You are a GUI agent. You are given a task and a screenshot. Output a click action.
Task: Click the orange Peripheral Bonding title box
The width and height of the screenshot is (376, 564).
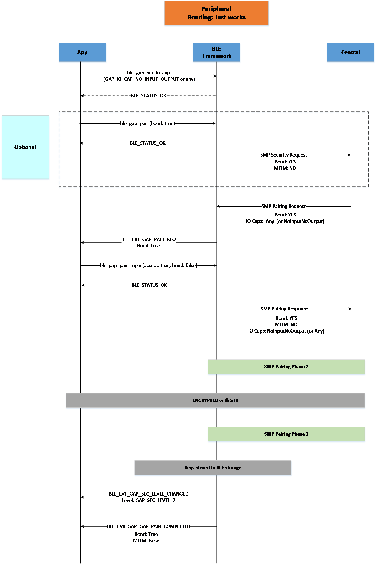216,13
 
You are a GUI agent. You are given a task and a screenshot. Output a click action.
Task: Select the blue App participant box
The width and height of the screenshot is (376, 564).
83,52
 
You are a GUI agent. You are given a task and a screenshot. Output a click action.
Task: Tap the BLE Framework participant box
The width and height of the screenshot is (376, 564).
217,52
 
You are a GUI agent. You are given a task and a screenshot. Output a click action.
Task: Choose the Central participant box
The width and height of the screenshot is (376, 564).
351,52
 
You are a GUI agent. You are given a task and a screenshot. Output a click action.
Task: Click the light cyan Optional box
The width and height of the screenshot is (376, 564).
25,147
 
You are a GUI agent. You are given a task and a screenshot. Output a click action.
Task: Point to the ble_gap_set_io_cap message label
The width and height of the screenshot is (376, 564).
149,73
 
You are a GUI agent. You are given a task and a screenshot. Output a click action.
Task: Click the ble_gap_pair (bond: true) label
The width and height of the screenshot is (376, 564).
148,123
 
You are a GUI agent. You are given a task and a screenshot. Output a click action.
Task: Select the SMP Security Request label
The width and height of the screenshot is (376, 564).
284,155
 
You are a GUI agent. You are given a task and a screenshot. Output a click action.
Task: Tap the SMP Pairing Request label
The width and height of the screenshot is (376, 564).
284,206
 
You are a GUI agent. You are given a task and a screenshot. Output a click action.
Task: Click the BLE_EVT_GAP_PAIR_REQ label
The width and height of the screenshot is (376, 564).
149,239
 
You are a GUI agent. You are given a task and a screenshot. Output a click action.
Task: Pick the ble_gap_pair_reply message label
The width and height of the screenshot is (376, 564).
149,265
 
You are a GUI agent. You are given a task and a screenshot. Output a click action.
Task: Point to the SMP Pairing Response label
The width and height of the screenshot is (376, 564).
285,309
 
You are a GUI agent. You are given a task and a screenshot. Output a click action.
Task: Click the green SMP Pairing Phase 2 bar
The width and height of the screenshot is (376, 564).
286,367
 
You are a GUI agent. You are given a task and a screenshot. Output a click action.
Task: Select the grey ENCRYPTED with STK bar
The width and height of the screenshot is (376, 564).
215,400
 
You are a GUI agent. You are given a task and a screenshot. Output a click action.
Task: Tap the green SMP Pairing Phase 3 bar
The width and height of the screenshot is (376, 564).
286,434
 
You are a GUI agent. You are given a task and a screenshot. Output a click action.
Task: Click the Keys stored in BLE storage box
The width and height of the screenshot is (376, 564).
213,468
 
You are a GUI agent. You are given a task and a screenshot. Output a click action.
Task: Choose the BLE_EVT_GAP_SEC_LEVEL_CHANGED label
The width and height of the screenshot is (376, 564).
149,494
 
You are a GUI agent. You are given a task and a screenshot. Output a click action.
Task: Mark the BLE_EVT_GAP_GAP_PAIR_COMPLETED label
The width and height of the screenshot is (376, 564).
149,526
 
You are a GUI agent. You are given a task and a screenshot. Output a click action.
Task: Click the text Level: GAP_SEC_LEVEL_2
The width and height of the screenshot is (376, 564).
149,500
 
